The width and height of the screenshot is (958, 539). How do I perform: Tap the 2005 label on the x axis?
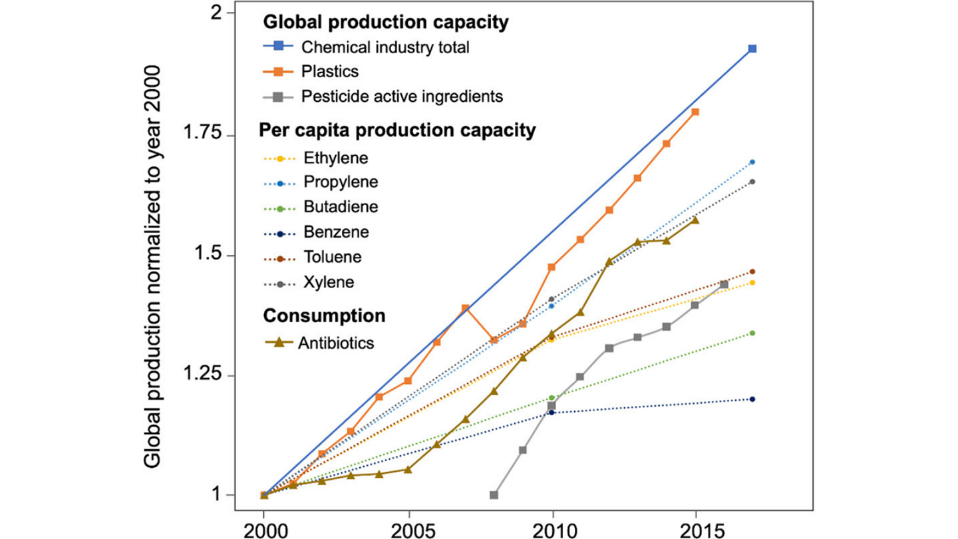(408, 530)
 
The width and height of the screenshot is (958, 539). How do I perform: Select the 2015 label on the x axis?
(695, 530)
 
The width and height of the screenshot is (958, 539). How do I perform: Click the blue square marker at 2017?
(752, 49)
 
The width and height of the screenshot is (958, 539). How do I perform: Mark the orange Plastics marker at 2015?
(695, 112)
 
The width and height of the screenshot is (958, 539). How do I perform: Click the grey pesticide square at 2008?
(494, 495)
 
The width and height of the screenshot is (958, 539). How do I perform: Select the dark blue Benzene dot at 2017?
(752, 399)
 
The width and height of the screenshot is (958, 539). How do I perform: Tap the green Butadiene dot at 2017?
(752, 333)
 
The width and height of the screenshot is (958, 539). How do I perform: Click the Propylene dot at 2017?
(752, 162)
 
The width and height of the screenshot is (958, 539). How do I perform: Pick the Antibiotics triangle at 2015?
(695, 220)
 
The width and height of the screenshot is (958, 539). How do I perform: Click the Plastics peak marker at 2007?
(466, 308)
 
